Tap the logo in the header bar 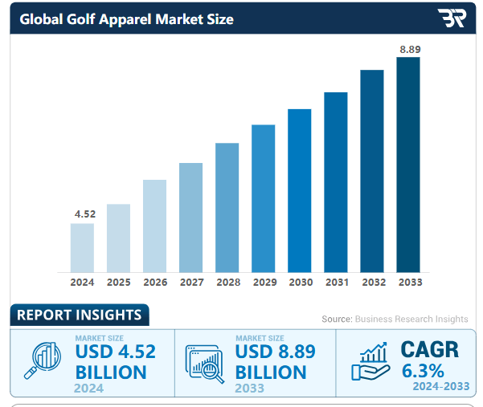pos(451,18)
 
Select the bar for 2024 pos(82,247)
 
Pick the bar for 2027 pos(190,217)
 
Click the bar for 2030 pos(299,190)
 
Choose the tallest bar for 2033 pos(408,165)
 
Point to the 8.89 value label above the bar pos(410,50)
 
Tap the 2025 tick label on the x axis pos(118,283)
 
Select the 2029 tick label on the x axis pos(264,283)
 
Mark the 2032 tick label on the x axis pos(373,283)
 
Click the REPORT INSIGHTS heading pos(79,315)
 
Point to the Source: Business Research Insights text pos(395,319)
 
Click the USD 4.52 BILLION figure pos(115,362)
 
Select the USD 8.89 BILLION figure pos(275,362)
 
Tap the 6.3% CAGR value pos(423,371)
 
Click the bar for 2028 pos(227,207)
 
